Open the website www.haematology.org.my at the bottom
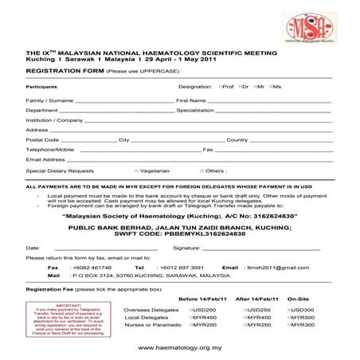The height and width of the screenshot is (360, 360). [179, 347]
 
